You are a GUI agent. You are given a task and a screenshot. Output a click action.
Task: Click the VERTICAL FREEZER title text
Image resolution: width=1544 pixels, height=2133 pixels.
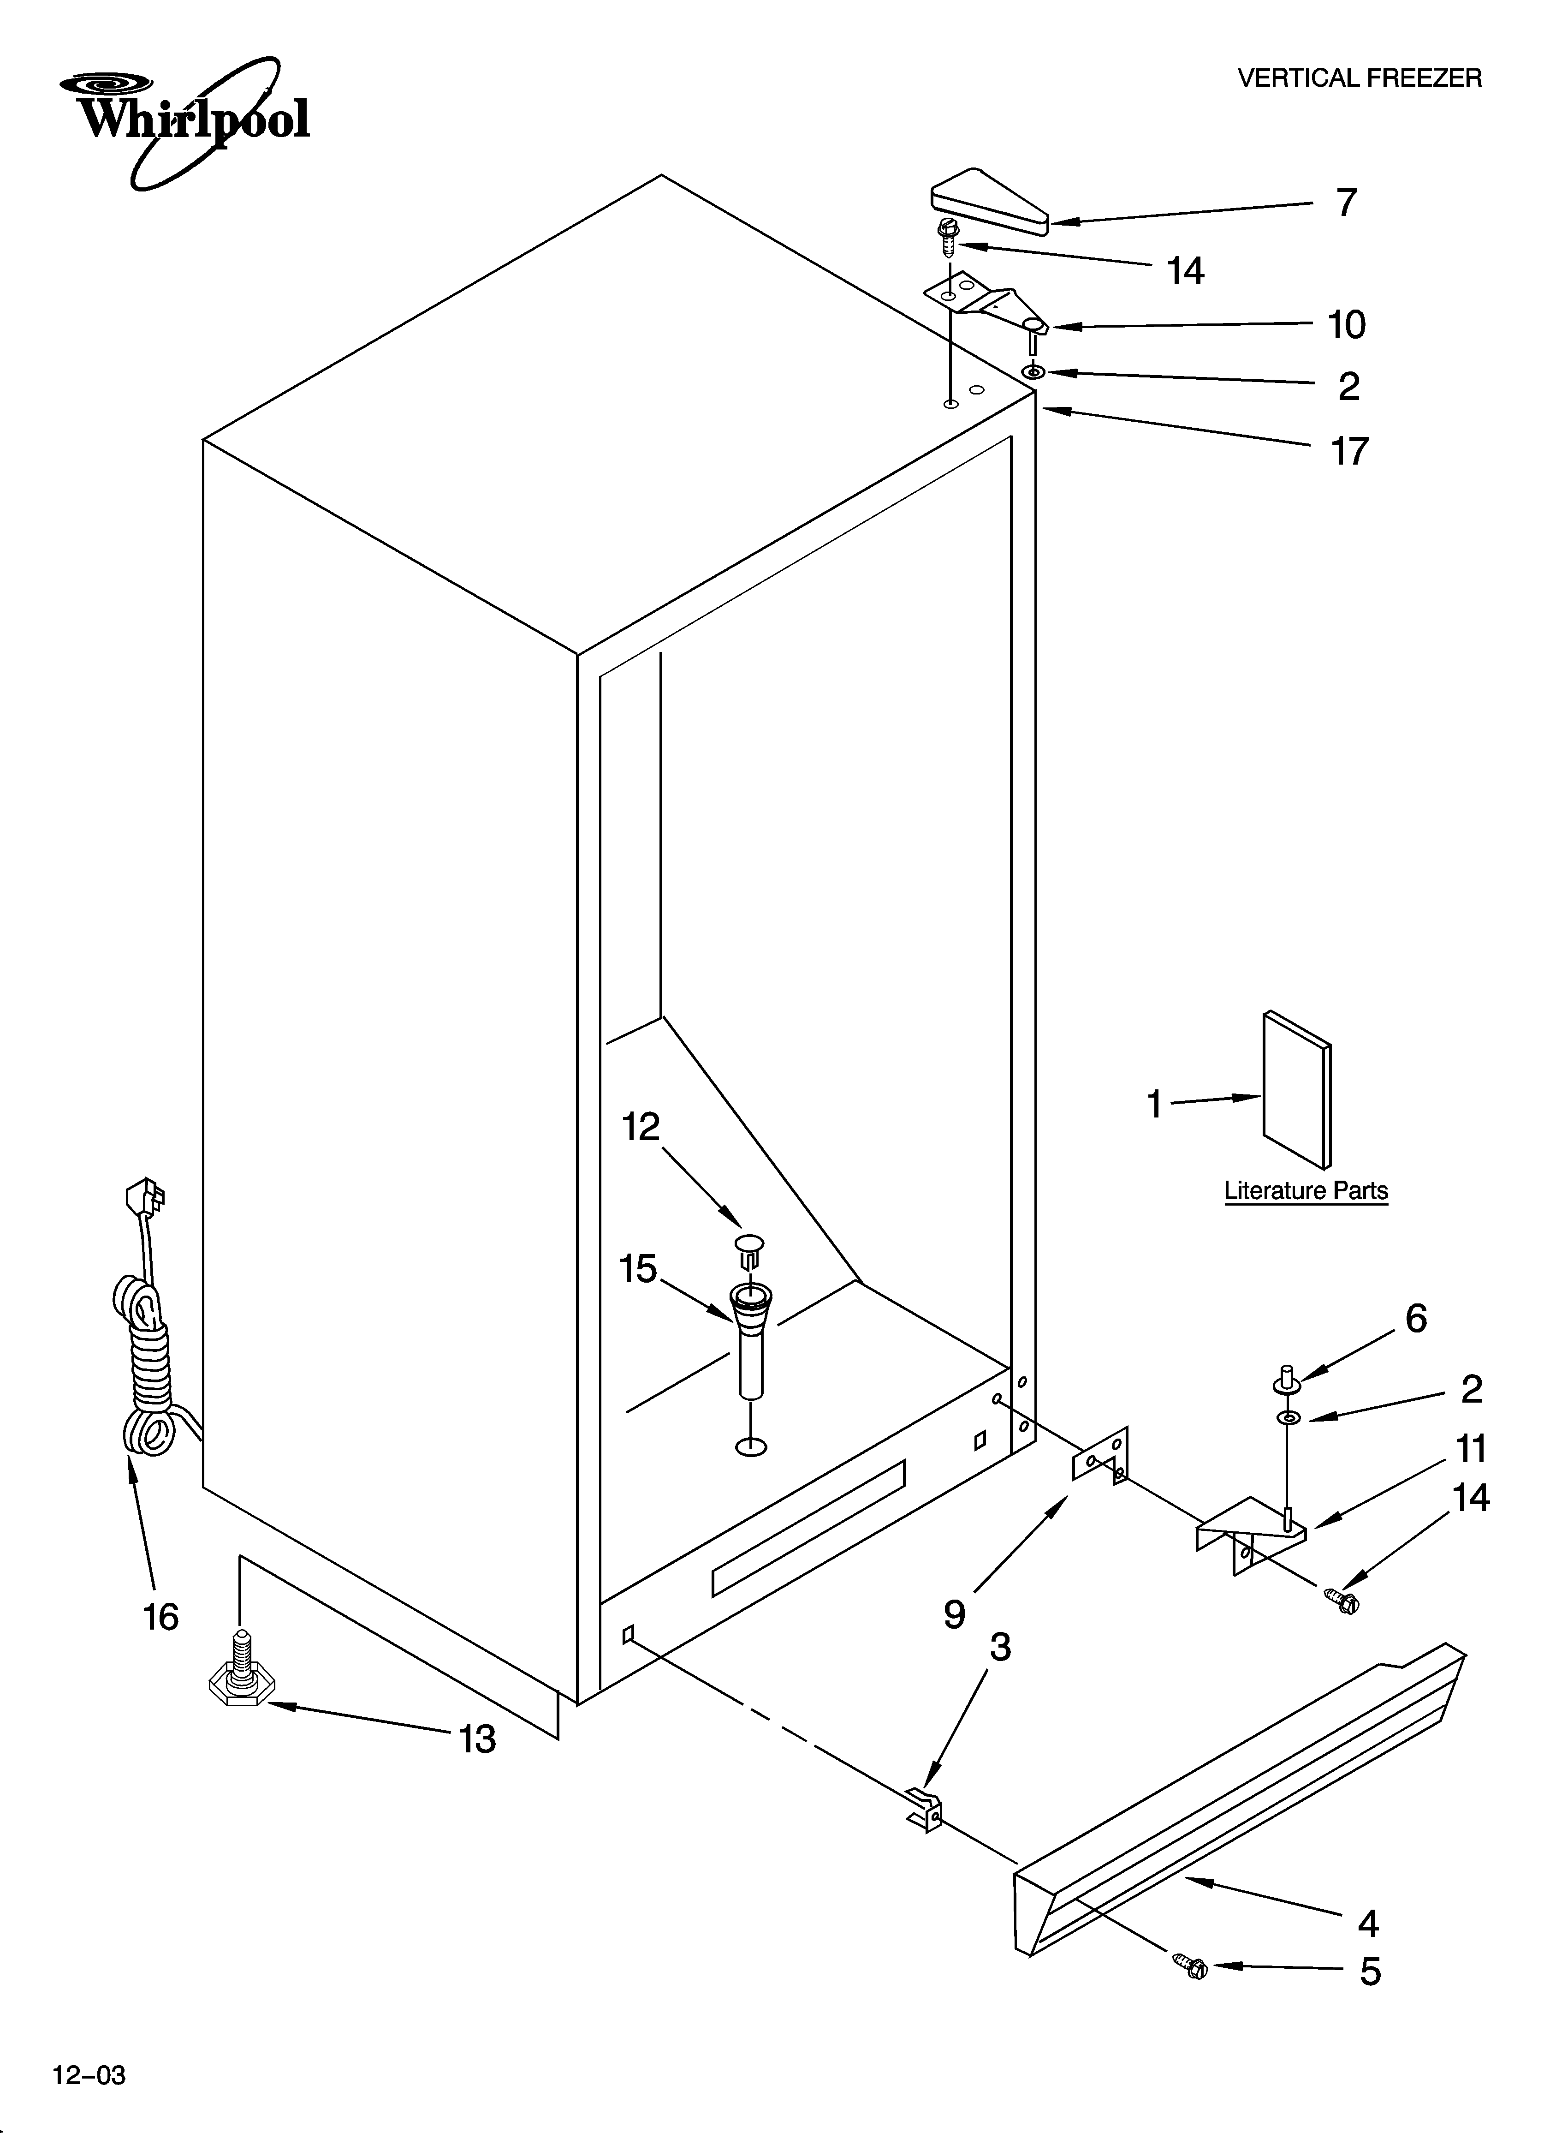pos(1359,78)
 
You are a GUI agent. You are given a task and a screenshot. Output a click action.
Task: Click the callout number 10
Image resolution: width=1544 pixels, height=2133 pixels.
pos(1346,325)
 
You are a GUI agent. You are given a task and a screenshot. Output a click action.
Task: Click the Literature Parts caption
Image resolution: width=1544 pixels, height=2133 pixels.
pos(1305,1191)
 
